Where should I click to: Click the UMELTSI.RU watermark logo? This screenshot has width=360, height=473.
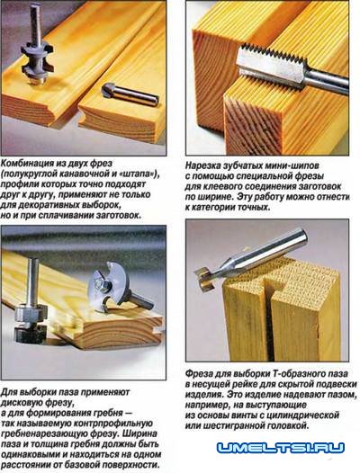coord(281,447)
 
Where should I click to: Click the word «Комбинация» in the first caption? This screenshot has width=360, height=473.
coord(27,164)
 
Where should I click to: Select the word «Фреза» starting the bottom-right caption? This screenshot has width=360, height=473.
coord(200,374)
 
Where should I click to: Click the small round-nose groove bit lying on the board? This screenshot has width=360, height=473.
coord(130,94)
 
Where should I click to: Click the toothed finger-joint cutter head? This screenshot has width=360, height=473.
coord(272,67)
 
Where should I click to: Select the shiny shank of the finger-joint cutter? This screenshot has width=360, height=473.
coord(327,82)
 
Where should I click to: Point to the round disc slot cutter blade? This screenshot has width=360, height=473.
coord(108,287)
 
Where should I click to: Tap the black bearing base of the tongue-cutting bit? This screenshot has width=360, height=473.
coord(31,334)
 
